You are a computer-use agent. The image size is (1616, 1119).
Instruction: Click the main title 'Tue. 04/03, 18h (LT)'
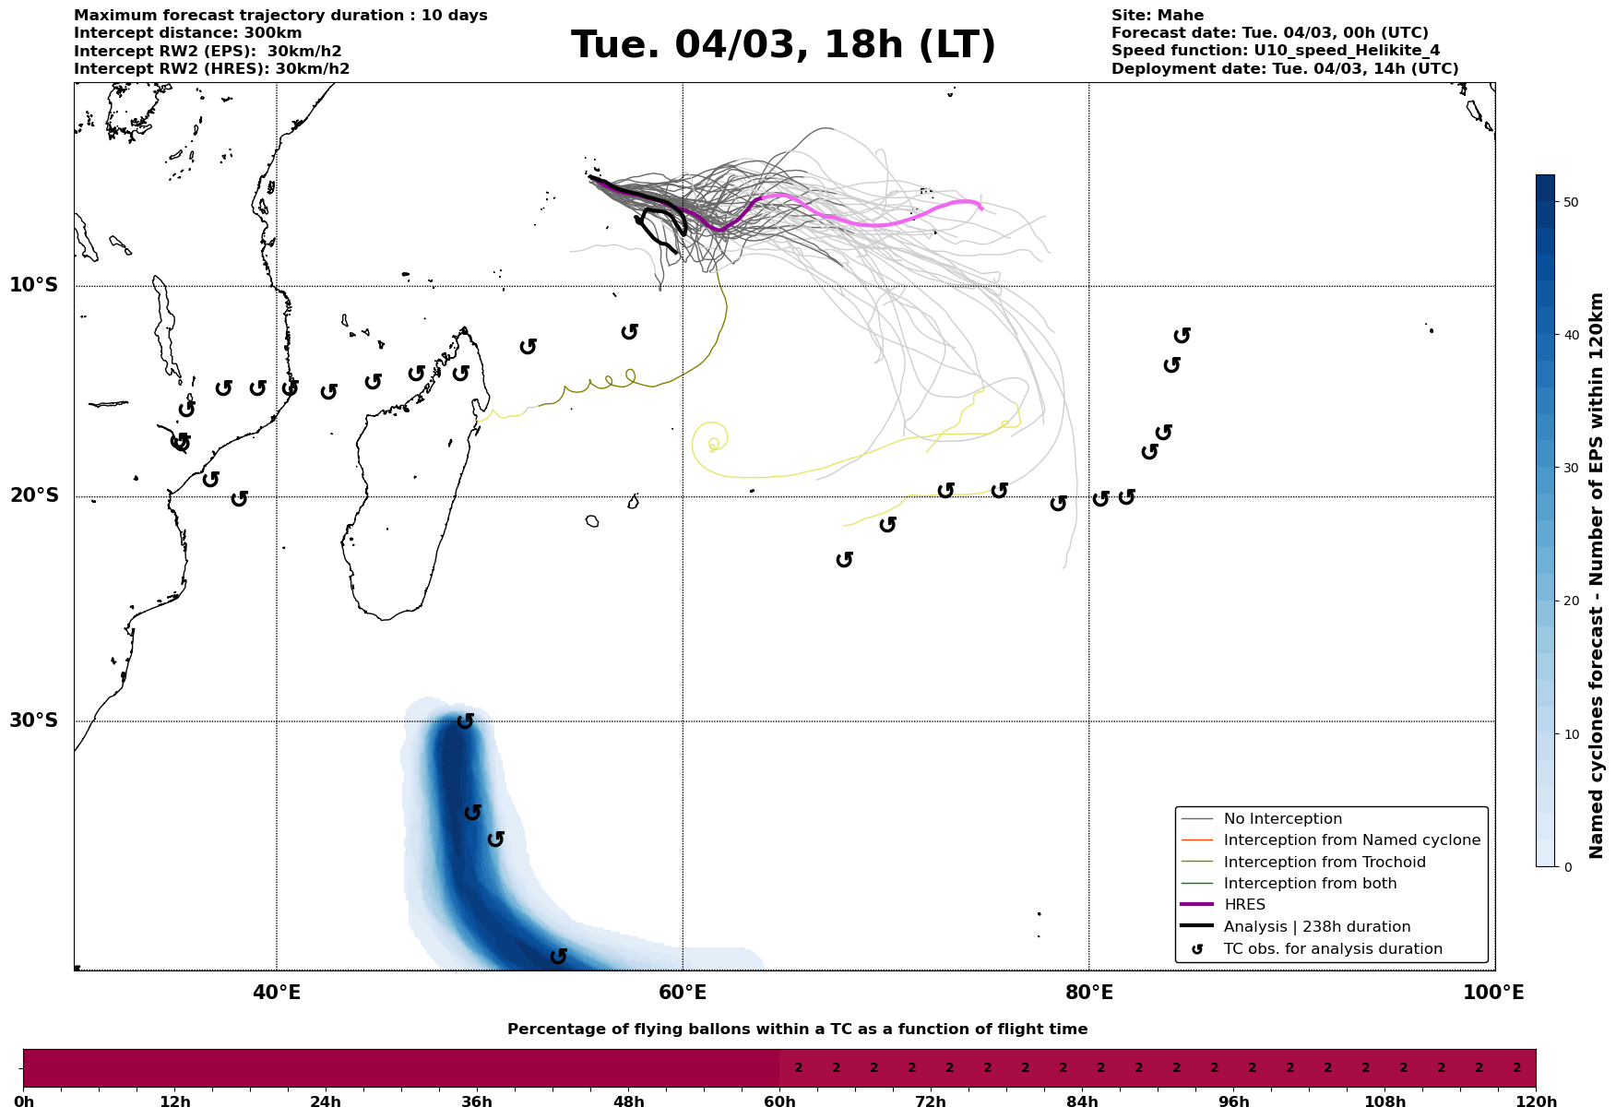[783, 45]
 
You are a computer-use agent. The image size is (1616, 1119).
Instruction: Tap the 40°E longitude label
[277, 993]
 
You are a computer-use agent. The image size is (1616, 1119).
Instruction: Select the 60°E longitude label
[683, 993]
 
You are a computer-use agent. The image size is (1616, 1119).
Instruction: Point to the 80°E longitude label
[1088, 993]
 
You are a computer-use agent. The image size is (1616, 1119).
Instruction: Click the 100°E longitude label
[1494, 993]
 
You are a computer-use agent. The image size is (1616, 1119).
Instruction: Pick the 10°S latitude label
[34, 285]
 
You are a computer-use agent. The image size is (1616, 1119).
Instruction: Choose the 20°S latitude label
[34, 496]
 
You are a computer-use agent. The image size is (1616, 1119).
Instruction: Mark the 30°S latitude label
[34, 720]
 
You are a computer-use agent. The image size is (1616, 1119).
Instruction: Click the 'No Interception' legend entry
[1282, 819]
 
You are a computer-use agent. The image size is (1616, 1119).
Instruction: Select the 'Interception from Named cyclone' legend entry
[1351, 840]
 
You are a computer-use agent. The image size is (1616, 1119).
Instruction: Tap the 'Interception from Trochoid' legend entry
[1325, 863]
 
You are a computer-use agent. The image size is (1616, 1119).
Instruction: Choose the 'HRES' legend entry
[1244, 905]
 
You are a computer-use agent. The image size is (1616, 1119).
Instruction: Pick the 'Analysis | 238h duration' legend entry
[1316, 927]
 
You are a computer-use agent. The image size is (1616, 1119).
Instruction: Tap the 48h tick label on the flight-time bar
[629, 1102]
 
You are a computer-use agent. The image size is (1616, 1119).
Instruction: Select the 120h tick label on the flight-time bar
[1535, 1102]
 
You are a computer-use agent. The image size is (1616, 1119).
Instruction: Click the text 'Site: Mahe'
[1157, 16]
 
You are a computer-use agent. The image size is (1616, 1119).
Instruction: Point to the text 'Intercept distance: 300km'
[187, 33]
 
